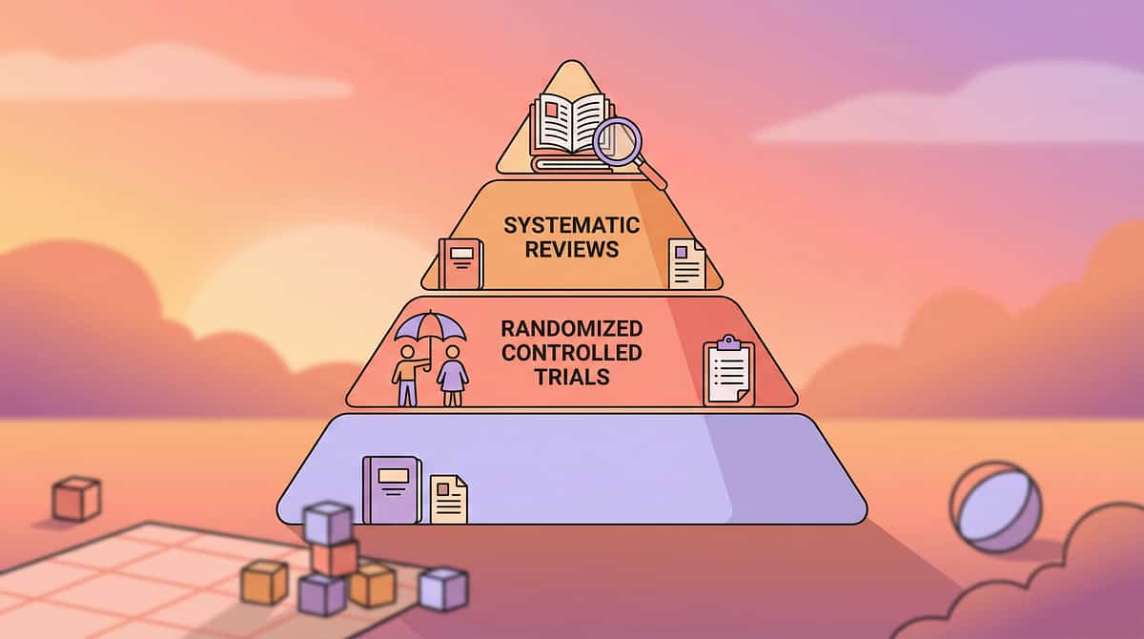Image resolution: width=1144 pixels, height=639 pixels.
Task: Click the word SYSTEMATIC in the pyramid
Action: (572, 226)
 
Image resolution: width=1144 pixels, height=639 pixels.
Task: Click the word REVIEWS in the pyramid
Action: (572, 250)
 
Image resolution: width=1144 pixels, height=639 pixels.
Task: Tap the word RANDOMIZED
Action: (572, 329)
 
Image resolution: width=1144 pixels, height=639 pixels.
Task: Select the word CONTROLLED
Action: (572, 353)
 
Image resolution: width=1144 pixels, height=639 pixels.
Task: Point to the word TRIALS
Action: (572, 377)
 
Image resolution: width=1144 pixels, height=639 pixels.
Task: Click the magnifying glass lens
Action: (615, 142)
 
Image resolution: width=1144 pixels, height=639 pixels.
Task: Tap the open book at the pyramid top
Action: (569, 124)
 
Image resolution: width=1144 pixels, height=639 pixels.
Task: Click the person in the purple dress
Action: (452, 374)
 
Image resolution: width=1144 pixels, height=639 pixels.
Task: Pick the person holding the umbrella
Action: (408, 374)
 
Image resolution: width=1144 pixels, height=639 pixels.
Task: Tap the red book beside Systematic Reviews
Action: (461, 263)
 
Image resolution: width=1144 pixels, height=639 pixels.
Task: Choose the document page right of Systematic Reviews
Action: (686, 264)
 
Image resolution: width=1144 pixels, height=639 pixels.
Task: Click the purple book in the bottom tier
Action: (391, 489)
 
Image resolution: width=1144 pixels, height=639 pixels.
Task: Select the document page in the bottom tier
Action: (449, 499)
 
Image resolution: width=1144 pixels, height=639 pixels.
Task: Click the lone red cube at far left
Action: (76, 498)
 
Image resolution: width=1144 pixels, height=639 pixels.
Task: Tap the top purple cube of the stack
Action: (328, 522)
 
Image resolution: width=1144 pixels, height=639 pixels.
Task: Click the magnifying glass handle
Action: (652, 175)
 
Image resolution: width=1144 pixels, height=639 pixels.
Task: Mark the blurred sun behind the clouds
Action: (286, 286)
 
